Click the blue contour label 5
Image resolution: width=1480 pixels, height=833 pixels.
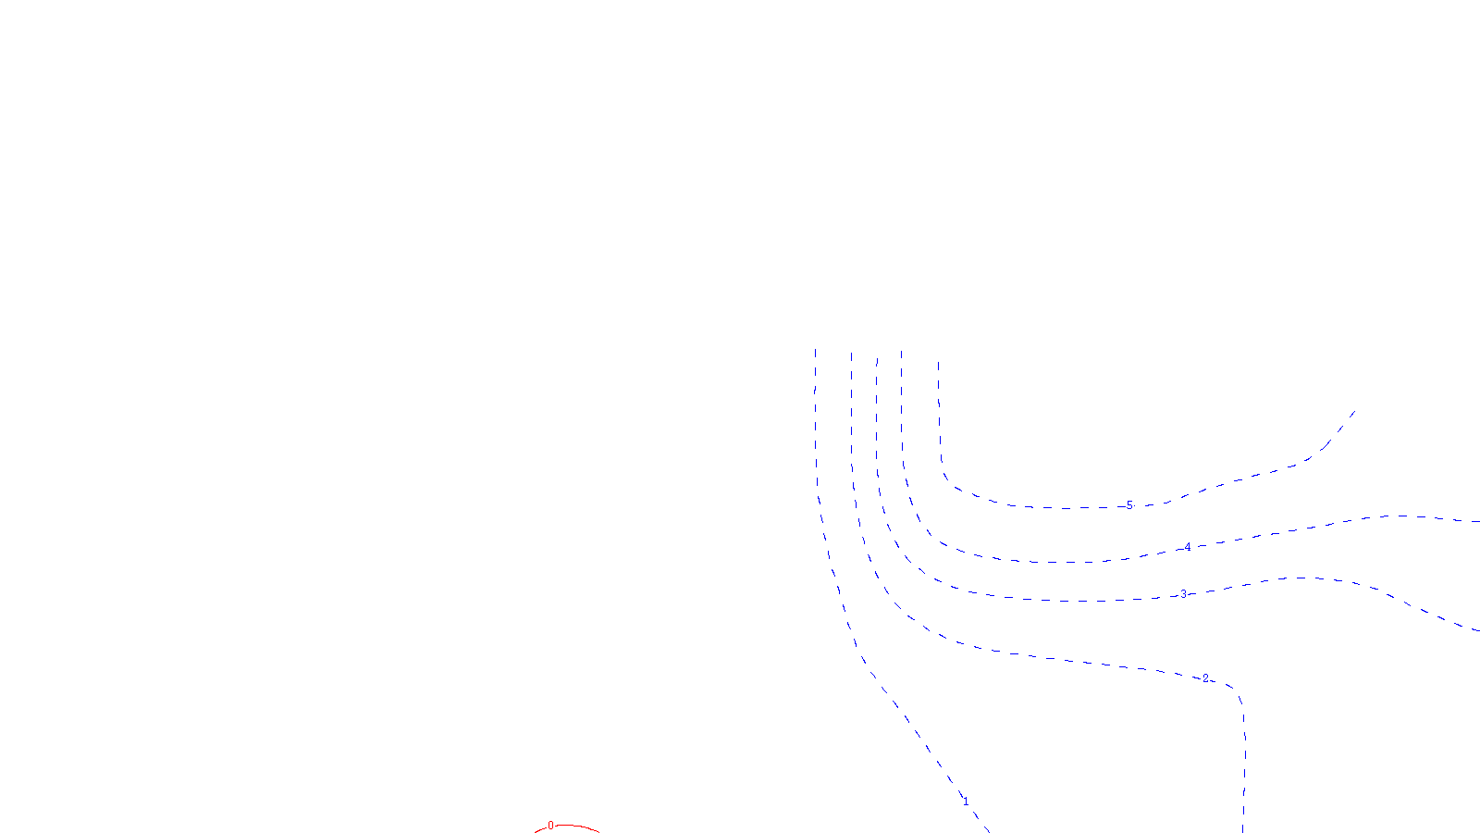coord(1129,505)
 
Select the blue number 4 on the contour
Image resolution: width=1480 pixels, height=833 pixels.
coord(1189,547)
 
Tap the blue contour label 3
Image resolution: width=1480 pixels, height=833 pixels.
coord(1183,594)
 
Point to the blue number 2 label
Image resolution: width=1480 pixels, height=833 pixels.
coord(1205,678)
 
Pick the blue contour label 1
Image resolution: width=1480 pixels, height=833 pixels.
coord(966,802)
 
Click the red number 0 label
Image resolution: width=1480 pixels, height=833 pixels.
coord(550,826)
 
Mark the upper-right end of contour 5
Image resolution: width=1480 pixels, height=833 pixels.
coord(1354,411)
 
